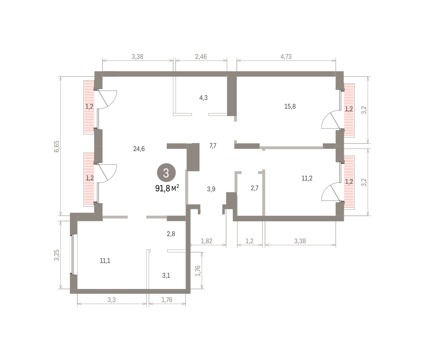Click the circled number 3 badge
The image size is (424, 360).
(166, 173)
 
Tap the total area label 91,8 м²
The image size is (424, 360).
(167, 188)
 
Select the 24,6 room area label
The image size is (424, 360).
(139, 149)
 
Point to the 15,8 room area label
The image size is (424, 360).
(290, 106)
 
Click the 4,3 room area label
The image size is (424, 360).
(203, 98)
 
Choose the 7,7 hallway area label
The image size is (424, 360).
(213, 146)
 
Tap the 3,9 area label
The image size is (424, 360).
(211, 189)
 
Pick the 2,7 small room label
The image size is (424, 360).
(254, 188)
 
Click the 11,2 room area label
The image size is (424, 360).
(307, 178)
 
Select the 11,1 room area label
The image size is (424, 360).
(105, 261)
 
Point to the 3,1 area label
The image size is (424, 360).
(166, 275)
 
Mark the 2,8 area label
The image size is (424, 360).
(171, 234)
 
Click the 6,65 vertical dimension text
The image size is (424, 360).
(57, 146)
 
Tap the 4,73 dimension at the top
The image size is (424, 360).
(286, 57)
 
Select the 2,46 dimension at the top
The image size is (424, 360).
(201, 57)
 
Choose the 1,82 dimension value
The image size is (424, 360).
(206, 241)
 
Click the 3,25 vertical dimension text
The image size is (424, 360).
(57, 255)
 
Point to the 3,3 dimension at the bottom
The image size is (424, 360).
(112, 300)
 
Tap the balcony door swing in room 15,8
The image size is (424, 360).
(331, 120)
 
